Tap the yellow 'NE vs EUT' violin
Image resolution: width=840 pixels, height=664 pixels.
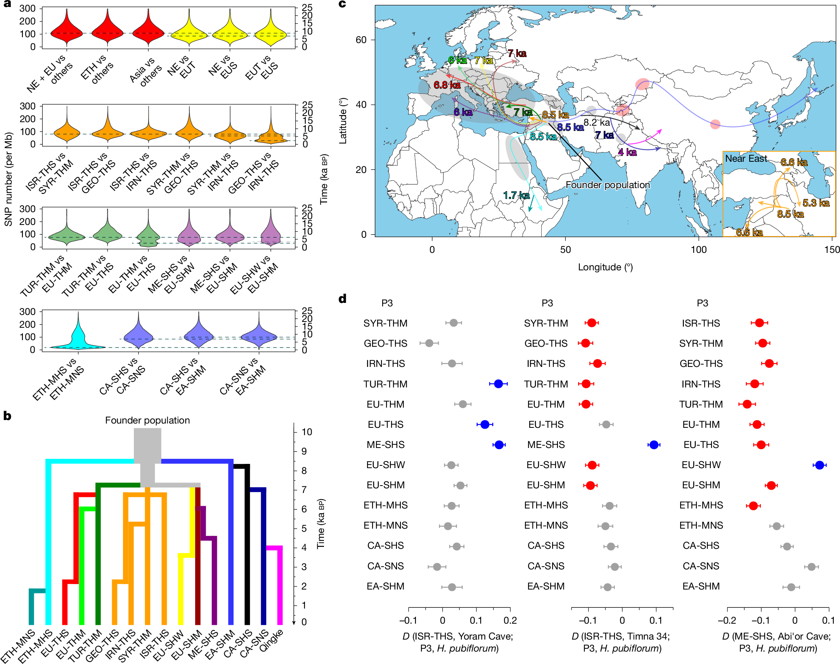[x=189, y=34]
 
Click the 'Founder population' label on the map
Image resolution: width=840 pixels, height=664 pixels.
[x=608, y=185]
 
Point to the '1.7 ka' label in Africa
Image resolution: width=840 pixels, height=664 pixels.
[x=516, y=195]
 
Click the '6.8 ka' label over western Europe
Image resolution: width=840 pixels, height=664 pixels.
[x=447, y=85]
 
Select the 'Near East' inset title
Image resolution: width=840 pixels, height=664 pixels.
[x=745, y=159]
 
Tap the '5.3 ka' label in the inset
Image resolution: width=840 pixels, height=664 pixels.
[x=816, y=203]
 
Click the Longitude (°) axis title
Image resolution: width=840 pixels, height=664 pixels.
[x=605, y=267]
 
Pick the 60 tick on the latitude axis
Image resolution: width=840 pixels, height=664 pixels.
[x=361, y=40]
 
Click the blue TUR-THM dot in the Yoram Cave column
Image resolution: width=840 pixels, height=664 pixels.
[x=498, y=384]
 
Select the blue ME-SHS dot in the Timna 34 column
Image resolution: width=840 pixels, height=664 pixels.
[x=654, y=445]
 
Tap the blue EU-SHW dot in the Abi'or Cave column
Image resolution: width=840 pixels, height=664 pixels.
[x=819, y=465]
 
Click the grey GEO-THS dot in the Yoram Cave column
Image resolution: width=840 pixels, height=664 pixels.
[x=429, y=343]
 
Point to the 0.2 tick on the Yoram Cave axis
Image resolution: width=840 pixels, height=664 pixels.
[x=510, y=621]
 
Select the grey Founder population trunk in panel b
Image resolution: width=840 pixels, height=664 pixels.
[x=147, y=451]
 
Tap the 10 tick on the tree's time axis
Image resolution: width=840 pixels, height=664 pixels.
[x=307, y=432]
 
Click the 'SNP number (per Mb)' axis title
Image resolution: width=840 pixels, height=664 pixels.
[x=8, y=179]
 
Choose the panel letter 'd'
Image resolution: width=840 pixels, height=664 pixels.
[x=342, y=299]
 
